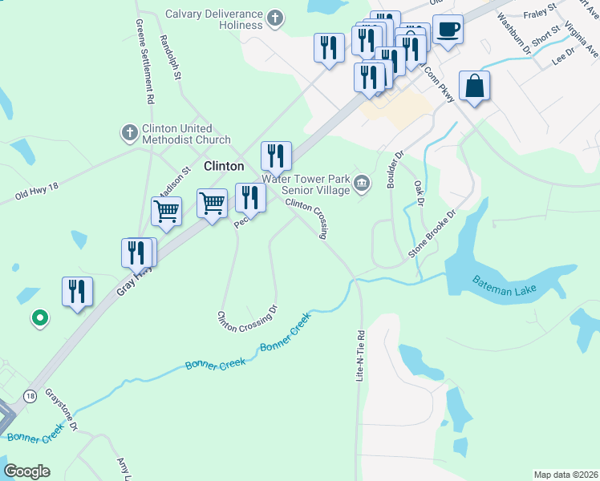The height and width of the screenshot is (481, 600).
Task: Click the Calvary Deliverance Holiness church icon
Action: [275, 18]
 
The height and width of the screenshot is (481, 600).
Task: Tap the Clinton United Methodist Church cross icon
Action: [129, 132]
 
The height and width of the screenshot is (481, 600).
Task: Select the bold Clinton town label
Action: [224, 166]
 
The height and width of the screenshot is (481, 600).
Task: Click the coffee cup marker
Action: [448, 30]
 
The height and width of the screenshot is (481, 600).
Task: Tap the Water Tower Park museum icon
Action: [363, 184]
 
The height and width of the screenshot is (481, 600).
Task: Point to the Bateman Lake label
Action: [504, 285]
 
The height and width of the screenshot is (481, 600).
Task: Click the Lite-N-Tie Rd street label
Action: [360, 353]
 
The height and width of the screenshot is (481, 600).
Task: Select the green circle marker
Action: [39, 319]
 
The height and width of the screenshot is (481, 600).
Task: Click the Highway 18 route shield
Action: [30, 396]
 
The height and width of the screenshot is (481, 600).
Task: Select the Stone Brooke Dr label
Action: [433, 233]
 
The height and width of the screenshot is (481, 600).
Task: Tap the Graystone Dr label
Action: [61, 410]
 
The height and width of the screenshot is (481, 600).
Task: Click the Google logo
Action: [26, 471]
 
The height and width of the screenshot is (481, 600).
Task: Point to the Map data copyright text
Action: [566, 475]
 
